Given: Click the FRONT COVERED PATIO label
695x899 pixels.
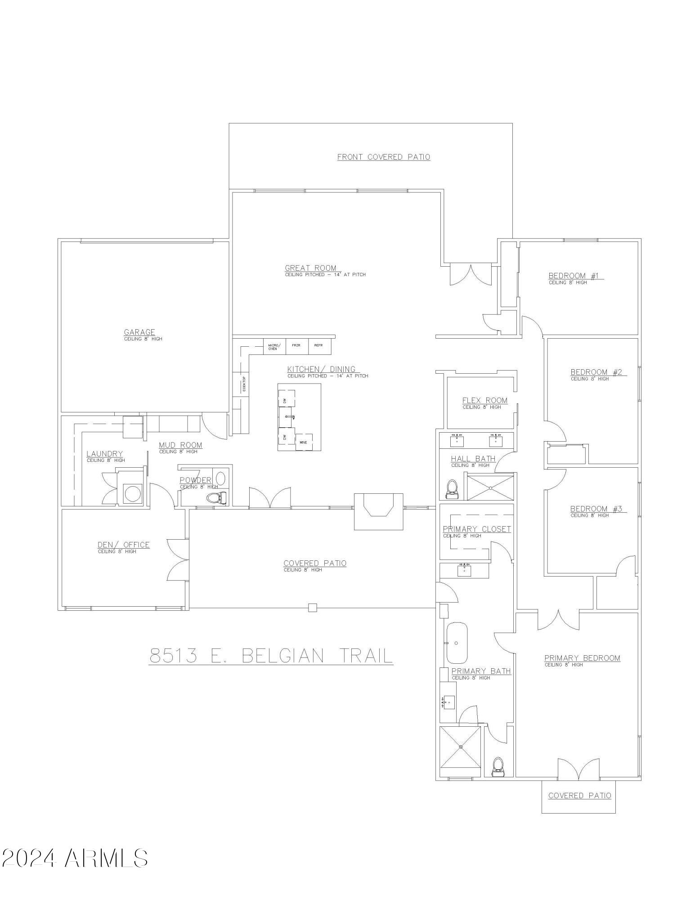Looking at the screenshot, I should pos(383,157).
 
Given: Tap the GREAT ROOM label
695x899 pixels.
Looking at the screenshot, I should pos(310,268).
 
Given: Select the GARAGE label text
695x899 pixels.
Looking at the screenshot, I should pos(139,332).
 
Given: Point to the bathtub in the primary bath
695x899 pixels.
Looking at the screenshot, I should pos(457,643).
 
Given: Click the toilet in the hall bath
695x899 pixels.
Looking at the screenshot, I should pos(451,489).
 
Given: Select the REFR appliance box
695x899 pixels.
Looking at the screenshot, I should pos(318,345).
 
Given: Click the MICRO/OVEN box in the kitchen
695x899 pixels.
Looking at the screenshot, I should pos(274,347).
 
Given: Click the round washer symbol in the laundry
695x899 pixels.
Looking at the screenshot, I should pos(133,493).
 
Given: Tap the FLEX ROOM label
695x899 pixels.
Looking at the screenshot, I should pos(484,400).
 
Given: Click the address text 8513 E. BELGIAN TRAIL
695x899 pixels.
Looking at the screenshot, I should pos(271,656).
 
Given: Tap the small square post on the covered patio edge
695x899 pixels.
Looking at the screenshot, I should pos(313,608).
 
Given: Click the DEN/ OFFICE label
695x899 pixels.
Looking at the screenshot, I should pos(123,545).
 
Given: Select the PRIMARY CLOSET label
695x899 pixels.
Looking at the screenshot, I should pos(477,529).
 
